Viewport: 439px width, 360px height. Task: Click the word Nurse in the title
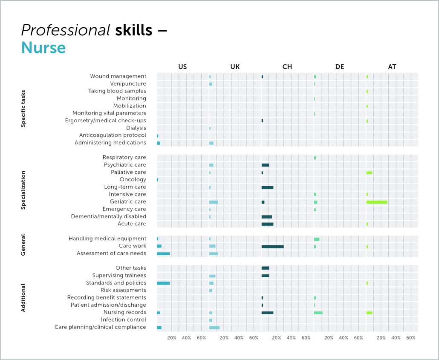click(43, 47)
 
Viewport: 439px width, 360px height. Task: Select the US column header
click(182, 67)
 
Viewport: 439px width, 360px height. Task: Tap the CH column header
click(287, 67)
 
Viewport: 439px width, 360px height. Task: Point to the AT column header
click(392, 67)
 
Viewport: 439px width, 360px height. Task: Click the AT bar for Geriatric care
click(377, 202)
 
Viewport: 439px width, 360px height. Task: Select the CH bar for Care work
click(272, 246)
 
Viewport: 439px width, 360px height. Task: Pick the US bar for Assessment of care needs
click(163, 253)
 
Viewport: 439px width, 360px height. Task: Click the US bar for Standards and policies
click(163, 283)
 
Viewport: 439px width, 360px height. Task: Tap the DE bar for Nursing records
click(318, 313)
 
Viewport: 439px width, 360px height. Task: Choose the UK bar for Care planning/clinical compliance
click(214, 327)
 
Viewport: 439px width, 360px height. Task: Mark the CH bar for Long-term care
click(267, 187)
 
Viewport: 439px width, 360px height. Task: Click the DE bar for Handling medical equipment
click(317, 239)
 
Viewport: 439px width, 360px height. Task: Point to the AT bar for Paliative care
click(369, 173)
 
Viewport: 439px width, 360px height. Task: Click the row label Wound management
click(118, 76)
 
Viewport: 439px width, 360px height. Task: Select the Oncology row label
click(133, 179)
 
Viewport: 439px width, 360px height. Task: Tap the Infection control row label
click(124, 320)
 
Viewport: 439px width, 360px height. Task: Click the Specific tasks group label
click(23, 109)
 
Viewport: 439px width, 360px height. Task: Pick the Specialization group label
click(23, 190)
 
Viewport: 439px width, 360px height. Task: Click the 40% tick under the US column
click(186, 338)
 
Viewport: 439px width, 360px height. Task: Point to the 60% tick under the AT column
click(410, 338)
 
